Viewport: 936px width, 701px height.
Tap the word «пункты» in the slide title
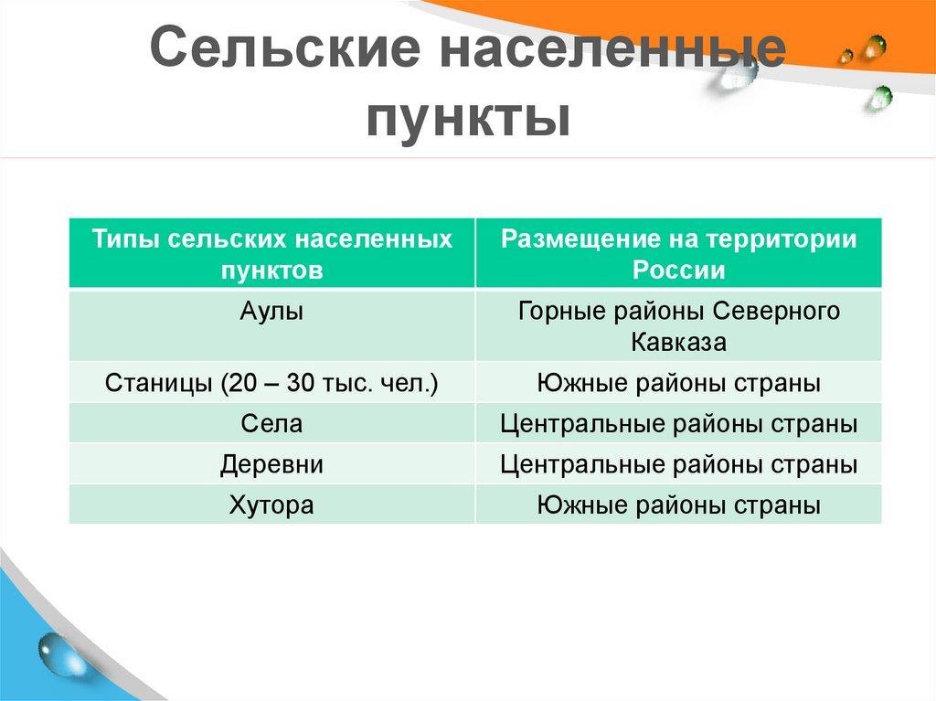point(468,119)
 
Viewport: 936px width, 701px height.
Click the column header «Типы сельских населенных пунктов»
point(272,254)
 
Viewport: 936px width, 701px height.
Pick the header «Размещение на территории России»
point(678,254)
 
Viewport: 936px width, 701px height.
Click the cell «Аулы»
point(272,311)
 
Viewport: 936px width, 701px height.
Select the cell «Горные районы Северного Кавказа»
point(678,326)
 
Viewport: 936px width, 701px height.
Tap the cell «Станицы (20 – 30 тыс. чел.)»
point(272,383)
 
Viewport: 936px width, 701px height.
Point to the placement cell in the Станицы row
point(678,383)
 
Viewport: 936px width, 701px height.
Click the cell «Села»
point(272,424)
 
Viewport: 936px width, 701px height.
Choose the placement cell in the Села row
point(678,424)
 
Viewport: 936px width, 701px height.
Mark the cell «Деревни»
point(272,464)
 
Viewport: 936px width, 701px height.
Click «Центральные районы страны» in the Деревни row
point(678,464)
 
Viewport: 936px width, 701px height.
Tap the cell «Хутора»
point(272,505)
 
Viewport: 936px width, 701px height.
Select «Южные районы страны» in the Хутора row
point(678,505)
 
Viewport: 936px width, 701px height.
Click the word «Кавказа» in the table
point(678,343)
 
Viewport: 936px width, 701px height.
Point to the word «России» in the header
point(678,271)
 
